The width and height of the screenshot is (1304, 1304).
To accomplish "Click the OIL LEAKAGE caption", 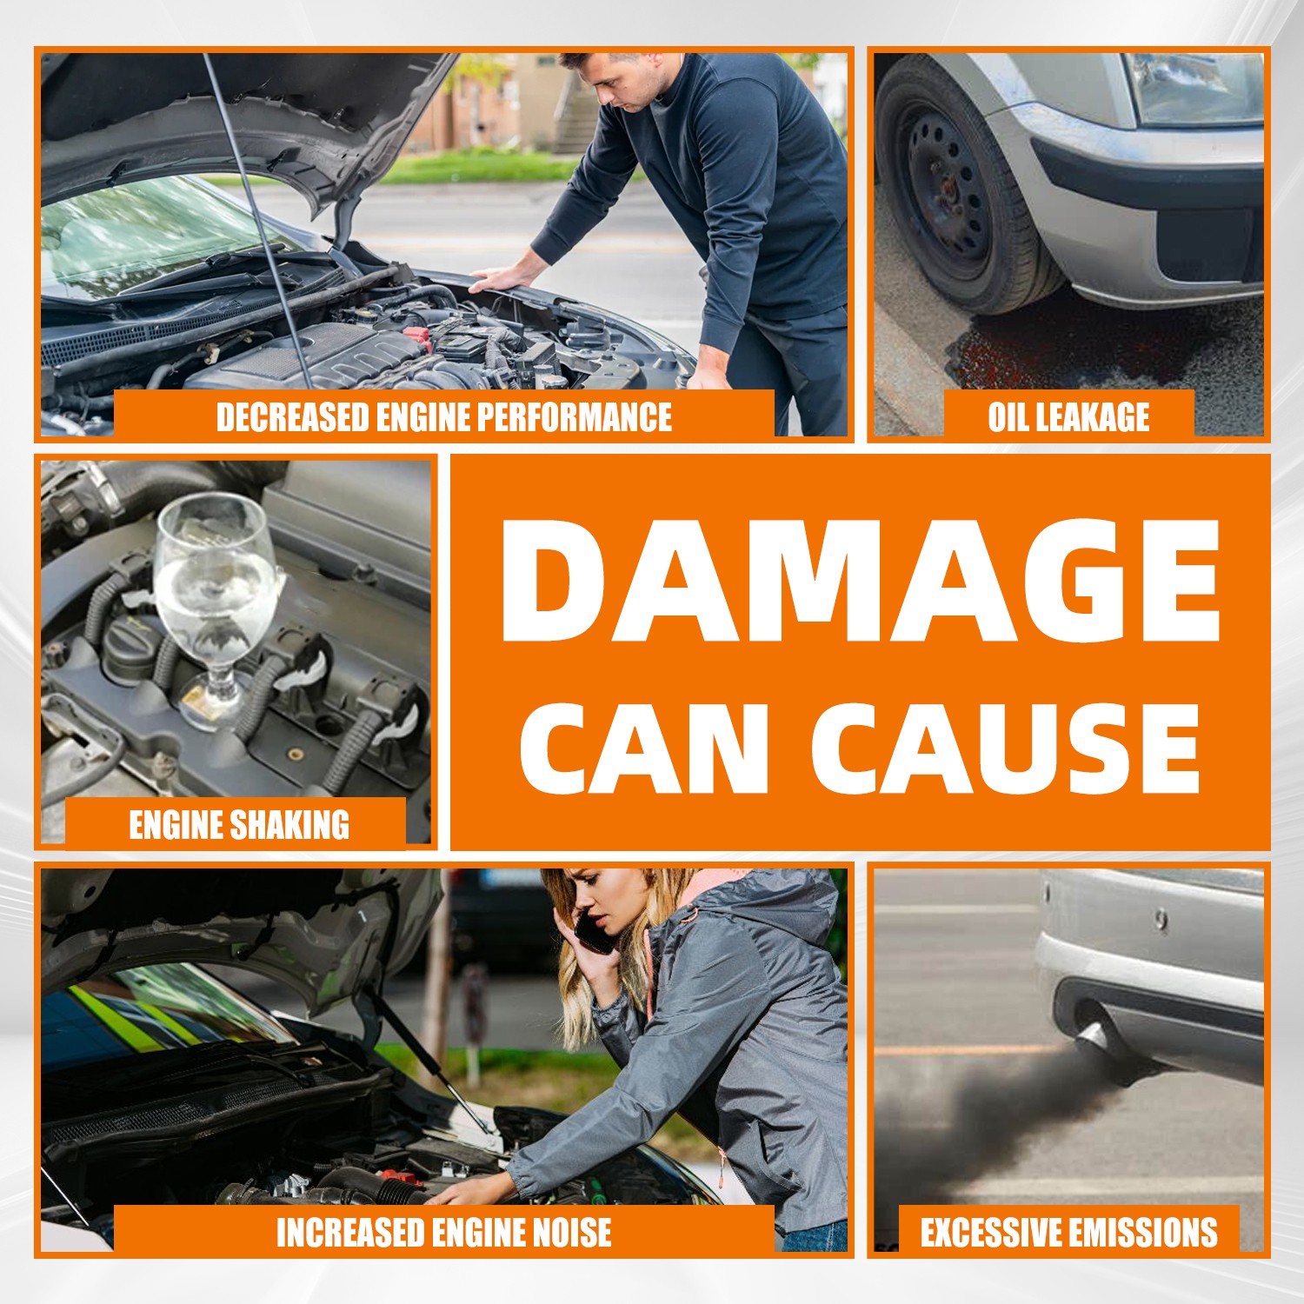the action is pos(1068,417).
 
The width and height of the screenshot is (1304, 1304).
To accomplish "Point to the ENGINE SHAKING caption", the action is pos(239,824).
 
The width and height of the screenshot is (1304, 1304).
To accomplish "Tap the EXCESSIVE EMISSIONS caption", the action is pos(1068,1233).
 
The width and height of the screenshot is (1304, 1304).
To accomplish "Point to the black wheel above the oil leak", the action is pos(956,187).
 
